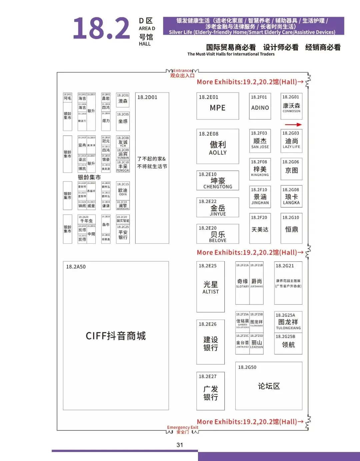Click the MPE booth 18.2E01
[218, 106]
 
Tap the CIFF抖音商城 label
[116, 336]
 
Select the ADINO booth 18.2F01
[260, 106]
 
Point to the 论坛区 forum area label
[269, 386]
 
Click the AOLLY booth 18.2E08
[218, 147]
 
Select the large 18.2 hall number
[101, 29]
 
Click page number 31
[180, 445]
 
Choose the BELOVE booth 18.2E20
[218, 234]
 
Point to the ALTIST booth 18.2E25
[211, 286]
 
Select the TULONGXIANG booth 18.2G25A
[288, 322]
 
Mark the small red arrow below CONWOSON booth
[293, 125]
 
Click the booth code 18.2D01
[147, 97]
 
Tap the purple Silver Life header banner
[253, 26]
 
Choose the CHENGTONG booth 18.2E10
[218, 181]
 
